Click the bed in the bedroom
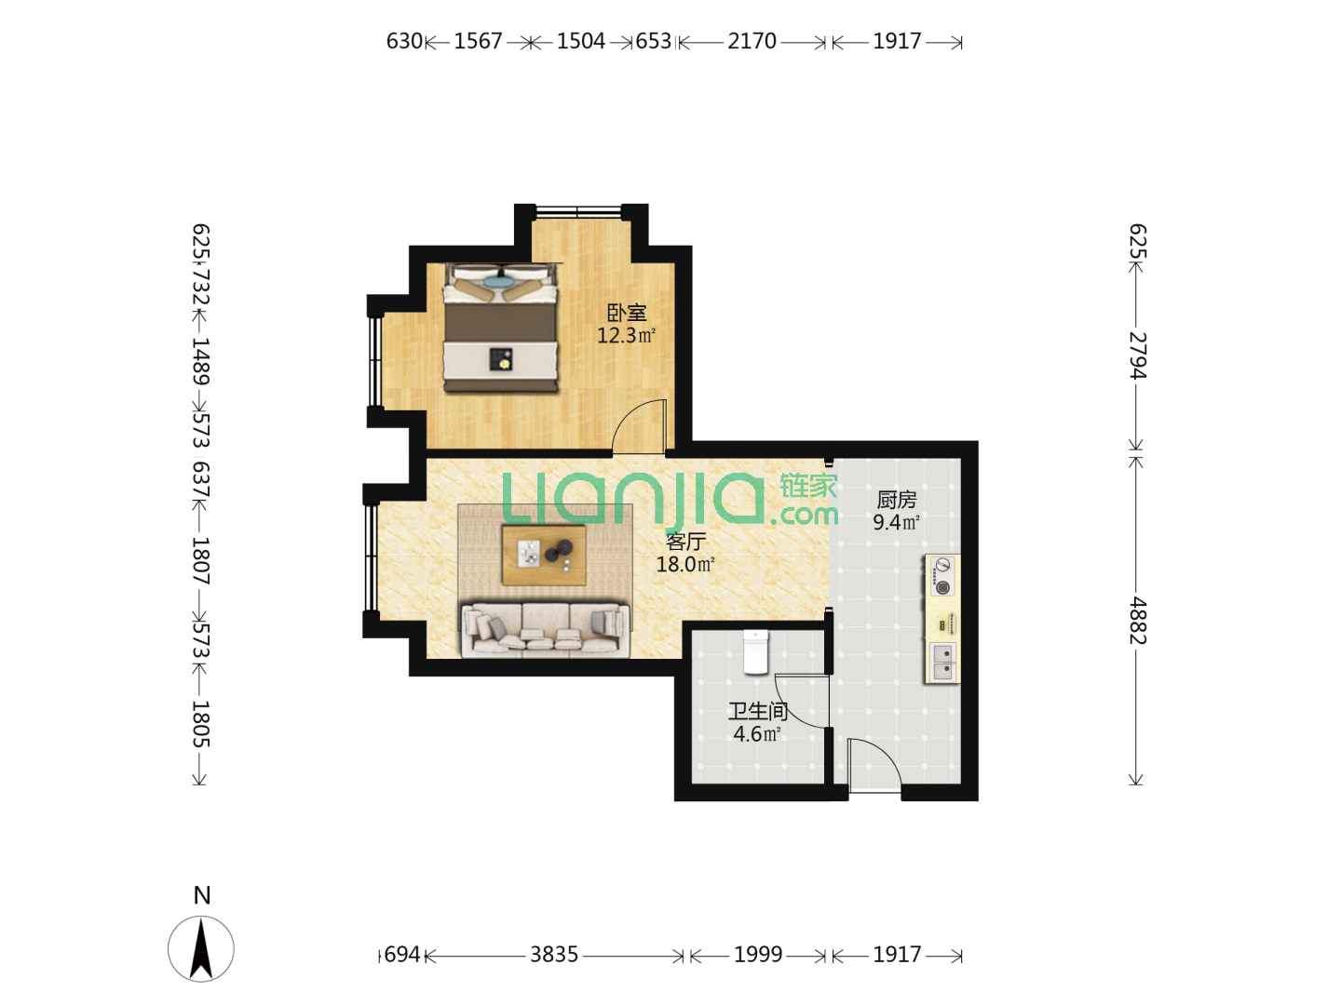click(x=500, y=328)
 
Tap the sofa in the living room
click(x=545, y=629)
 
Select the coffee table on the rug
click(x=544, y=555)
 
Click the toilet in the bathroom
click(x=755, y=652)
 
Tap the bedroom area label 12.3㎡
click(x=626, y=335)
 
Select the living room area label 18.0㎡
click(x=684, y=564)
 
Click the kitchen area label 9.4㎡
click(x=896, y=522)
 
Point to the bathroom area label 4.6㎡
click(x=756, y=733)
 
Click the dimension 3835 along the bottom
click(x=553, y=954)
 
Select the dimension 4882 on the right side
click(x=1138, y=621)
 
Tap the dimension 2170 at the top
click(x=752, y=41)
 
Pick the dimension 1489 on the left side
click(x=201, y=361)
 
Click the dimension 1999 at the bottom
click(x=757, y=954)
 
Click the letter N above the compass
click(x=201, y=895)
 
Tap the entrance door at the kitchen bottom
click(x=874, y=765)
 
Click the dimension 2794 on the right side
click(x=1138, y=355)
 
